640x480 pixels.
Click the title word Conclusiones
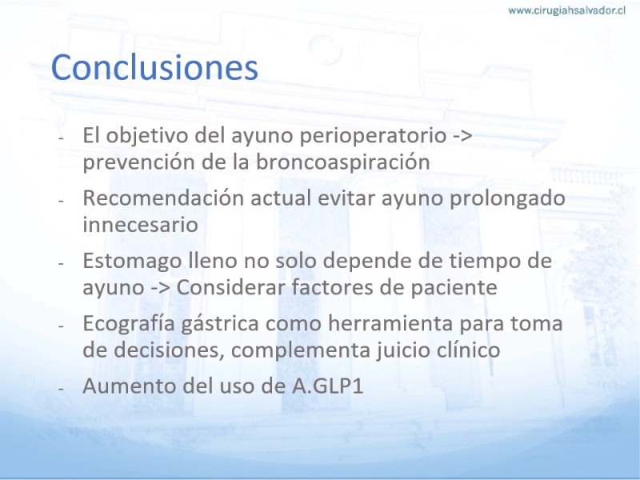[x=154, y=67]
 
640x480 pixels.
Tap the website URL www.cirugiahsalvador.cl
[x=567, y=10]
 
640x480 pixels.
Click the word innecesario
[x=141, y=225]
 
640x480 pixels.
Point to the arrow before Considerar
[x=161, y=288]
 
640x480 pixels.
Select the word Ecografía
[x=129, y=324]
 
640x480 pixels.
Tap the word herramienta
[x=390, y=324]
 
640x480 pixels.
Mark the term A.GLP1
[x=328, y=386]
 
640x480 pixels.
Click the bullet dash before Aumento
[x=61, y=389]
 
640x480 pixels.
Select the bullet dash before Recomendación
[x=61, y=201]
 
